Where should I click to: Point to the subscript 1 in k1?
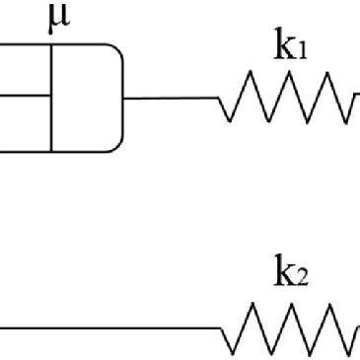click(302, 50)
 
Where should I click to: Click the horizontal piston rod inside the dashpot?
click(26, 96)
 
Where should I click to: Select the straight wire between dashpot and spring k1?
click(172, 97)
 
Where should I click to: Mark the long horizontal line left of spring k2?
click(108, 326)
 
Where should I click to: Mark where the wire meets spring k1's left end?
click(220, 97)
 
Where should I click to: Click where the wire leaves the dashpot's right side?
click(125, 97)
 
